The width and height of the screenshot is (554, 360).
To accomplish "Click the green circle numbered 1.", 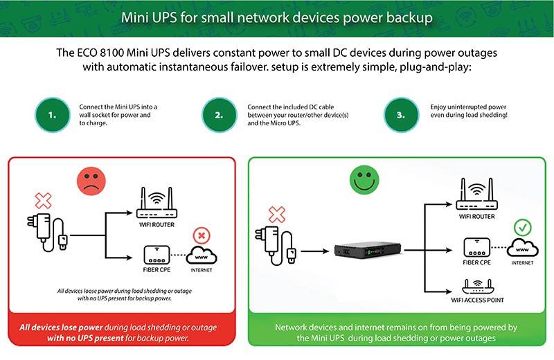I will tap(53, 115).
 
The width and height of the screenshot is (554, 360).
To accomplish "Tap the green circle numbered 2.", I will tap(220, 115).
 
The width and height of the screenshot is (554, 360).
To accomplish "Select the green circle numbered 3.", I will tap(401, 115).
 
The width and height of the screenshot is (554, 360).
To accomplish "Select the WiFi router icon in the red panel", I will tap(157, 201).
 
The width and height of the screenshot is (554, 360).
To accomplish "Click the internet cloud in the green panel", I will tap(524, 248).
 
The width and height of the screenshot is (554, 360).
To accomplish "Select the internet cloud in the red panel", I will tap(201, 257).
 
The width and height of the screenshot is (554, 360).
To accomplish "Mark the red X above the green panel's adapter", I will tap(276, 213).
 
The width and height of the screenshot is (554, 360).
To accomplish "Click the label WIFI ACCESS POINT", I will tap(478, 300).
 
